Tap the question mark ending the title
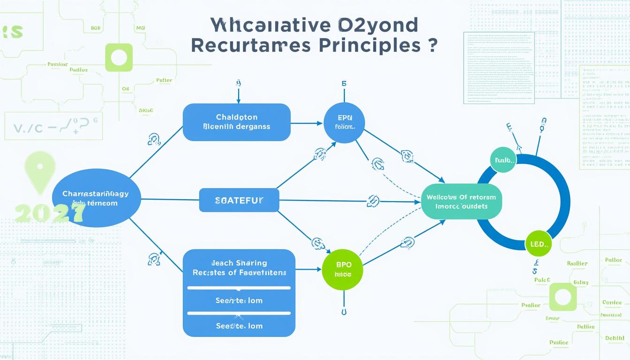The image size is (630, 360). pos(432,45)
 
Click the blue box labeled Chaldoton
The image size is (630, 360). pos(236,122)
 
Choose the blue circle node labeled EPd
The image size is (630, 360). pos(344,122)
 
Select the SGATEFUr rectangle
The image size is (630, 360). pos(239,200)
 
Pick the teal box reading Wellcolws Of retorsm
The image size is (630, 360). pos(461,202)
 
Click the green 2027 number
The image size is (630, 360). pos(49,213)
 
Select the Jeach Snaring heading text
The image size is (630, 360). pos(239,263)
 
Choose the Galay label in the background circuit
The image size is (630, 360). pos(580,283)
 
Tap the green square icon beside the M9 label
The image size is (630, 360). pos(119,58)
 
